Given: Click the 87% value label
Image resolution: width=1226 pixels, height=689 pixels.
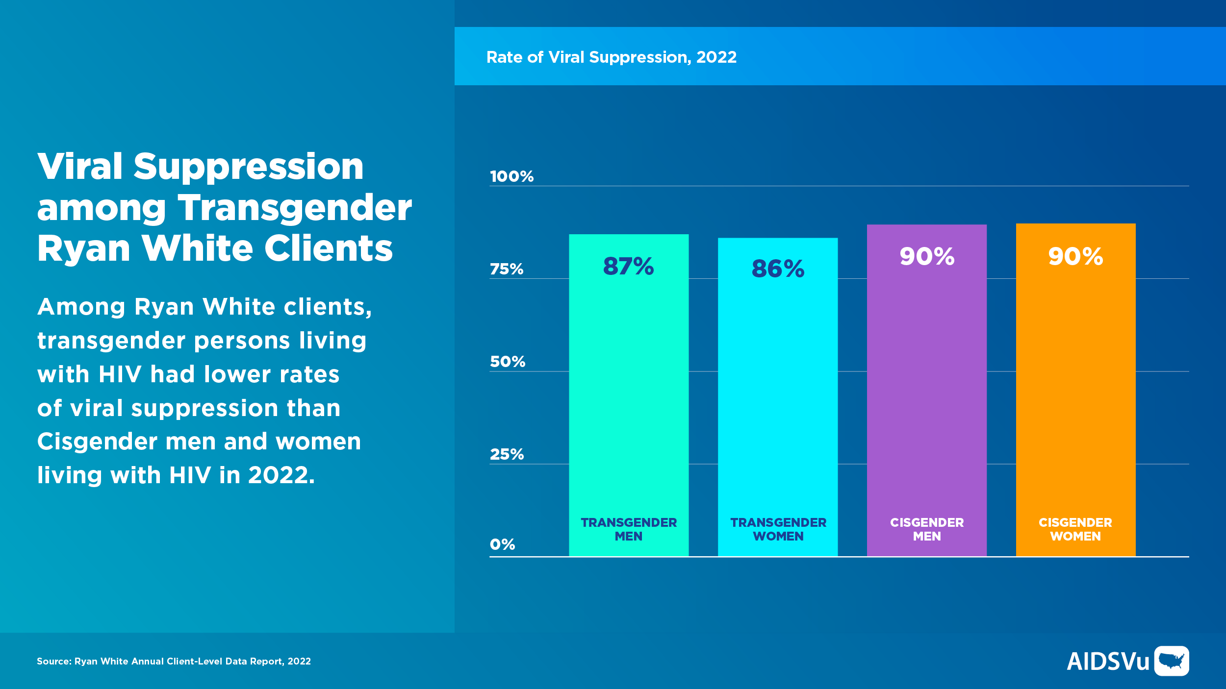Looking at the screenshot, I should pos(628,267).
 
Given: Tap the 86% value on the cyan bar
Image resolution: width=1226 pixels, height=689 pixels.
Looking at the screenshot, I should pos(778,269).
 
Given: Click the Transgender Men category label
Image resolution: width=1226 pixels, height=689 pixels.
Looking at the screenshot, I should pos(629,529).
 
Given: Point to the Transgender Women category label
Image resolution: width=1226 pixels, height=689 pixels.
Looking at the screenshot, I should pos(778,529).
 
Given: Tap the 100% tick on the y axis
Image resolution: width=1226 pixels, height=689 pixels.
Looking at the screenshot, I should pos(511,176).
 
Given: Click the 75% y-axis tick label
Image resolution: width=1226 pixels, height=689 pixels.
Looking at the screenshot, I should pos(507,269).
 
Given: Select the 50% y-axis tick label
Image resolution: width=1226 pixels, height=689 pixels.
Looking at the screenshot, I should pos(508,362).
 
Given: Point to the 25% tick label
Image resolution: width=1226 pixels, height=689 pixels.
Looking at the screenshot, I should pos(507,454).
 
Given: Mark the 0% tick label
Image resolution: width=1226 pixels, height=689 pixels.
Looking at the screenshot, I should pos(502,544).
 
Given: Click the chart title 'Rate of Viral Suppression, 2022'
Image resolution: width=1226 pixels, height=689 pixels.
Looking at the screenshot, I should pos(611,57).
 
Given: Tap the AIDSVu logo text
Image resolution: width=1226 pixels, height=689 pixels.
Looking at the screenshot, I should pos(1108,662).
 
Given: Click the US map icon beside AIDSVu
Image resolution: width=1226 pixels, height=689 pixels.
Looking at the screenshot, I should pos(1171,661).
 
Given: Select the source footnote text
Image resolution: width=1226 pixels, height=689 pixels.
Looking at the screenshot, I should pos(174,662).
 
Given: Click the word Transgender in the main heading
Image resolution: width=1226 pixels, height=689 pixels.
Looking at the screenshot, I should pos(295,208).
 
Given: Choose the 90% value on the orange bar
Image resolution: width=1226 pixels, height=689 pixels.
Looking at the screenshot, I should pos(1075,256).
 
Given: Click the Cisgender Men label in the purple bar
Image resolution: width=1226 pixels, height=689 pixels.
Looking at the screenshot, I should pos(927,529).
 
